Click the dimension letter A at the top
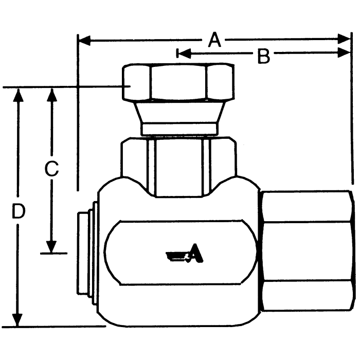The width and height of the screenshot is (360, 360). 214,40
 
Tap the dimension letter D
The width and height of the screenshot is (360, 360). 19,211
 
